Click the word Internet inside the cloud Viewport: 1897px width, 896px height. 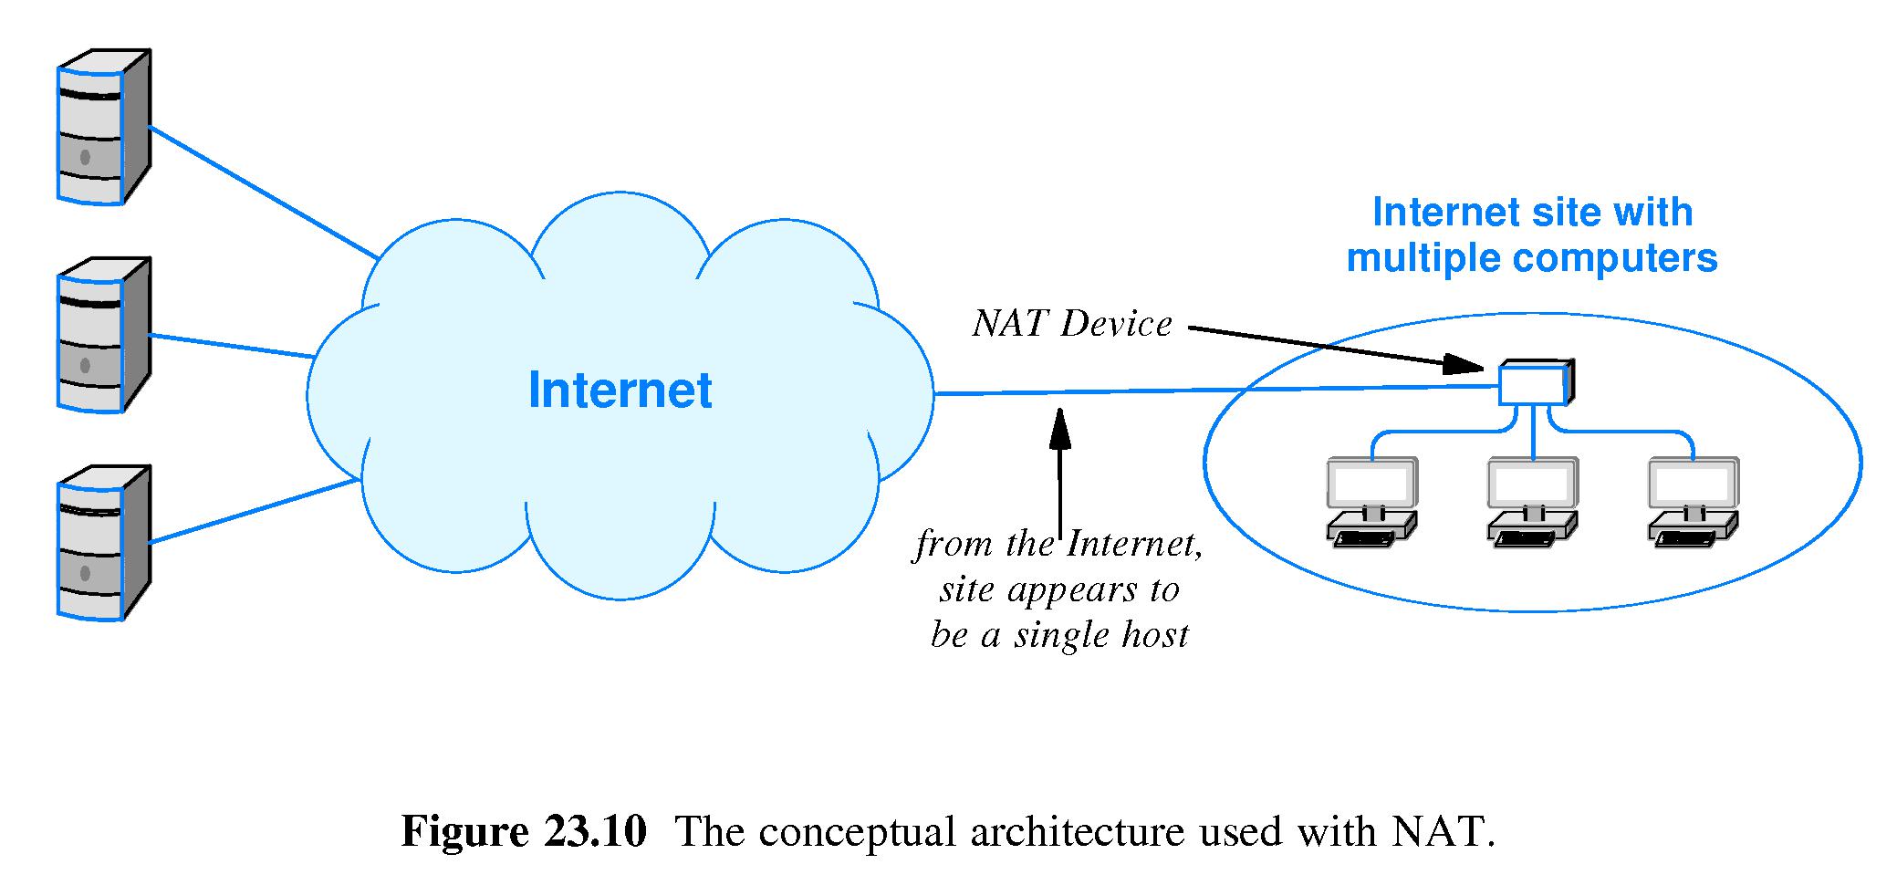(x=620, y=391)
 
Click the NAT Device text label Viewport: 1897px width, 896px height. (x=1072, y=324)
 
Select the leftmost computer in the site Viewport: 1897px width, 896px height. (x=1371, y=503)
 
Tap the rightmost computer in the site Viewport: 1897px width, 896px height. (x=1694, y=503)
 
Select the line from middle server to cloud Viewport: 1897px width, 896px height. (x=233, y=346)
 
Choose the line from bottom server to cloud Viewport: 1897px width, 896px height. (x=252, y=512)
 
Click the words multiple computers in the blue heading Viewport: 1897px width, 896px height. (x=1532, y=258)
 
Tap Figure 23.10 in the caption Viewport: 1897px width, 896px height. (x=524, y=832)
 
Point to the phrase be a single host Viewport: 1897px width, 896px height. (x=1059, y=635)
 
